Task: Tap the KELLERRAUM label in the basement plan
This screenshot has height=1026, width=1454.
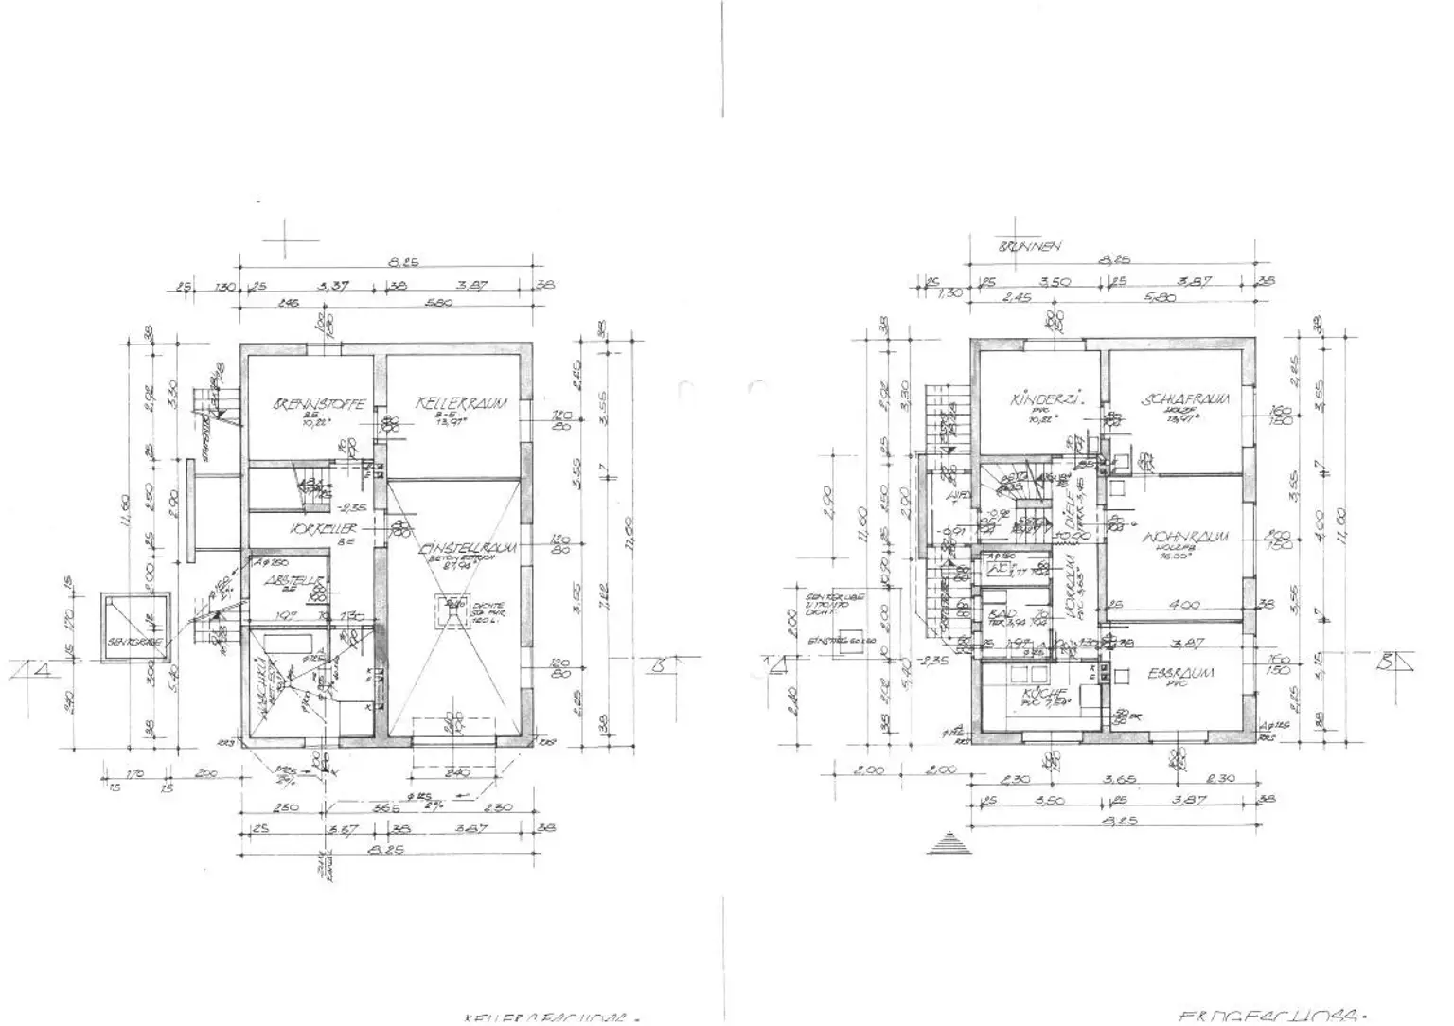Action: tap(461, 404)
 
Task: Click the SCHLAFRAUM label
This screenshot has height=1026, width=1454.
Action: tap(1186, 399)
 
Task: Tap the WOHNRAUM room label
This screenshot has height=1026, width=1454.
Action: tap(1186, 537)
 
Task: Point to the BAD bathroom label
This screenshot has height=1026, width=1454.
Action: tap(995, 614)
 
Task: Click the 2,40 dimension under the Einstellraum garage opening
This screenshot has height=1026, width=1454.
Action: tap(458, 771)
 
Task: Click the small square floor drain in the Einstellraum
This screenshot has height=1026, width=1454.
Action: tap(455, 604)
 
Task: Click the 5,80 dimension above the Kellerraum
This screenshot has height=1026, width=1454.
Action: tap(438, 303)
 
